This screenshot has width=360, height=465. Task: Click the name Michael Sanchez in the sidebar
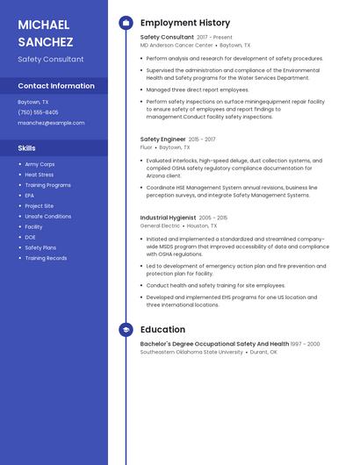coord(46,32)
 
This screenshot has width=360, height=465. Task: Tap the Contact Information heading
coord(56,86)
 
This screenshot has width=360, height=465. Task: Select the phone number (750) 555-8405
coord(38,112)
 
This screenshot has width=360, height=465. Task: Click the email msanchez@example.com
coord(51,123)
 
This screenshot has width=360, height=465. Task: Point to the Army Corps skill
coord(40,164)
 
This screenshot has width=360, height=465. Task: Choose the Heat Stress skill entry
coord(40,175)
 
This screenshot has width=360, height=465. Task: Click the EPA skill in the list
coord(30,196)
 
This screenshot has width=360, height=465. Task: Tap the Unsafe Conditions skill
coord(48,216)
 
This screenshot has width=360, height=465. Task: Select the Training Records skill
coord(46,258)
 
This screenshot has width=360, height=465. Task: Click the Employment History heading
coord(185,23)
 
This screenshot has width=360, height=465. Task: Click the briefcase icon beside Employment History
coord(126,23)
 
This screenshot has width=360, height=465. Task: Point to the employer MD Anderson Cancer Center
coord(176,45)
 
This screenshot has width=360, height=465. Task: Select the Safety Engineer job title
coord(163,139)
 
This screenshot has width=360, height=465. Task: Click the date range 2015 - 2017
coord(202,139)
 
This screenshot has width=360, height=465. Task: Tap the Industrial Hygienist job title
coord(169,218)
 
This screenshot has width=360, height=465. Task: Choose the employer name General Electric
coord(160,225)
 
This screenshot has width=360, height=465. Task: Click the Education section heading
coord(162,330)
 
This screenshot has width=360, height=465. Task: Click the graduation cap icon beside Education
coord(126,330)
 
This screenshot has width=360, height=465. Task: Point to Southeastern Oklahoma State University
coord(191,352)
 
